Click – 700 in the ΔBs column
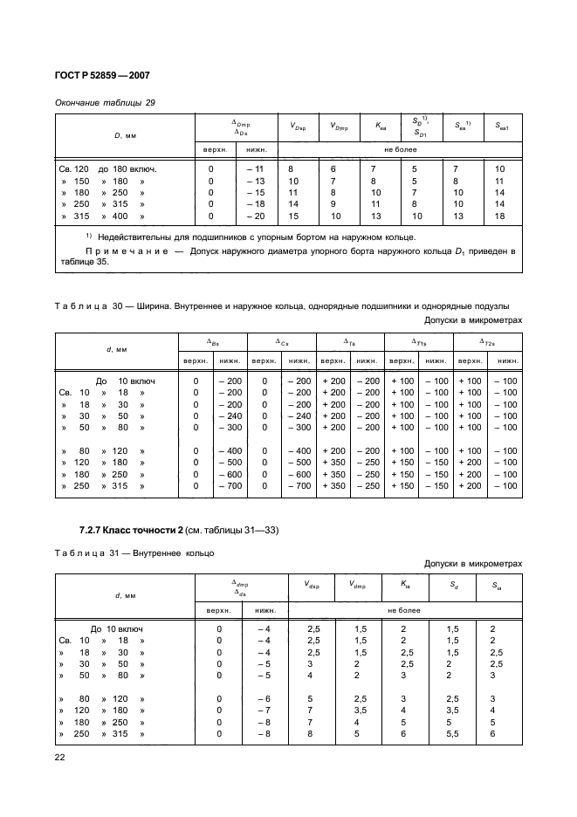click(x=230, y=485)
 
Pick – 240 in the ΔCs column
click(x=299, y=415)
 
